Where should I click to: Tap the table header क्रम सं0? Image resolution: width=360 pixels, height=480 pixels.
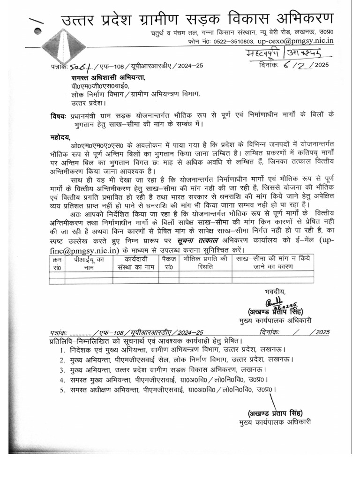(57, 262)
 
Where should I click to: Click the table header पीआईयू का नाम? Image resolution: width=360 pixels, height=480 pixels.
(88, 262)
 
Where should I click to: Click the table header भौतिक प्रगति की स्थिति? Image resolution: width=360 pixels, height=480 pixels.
(205, 262)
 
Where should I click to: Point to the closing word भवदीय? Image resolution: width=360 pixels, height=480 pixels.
(274, 292)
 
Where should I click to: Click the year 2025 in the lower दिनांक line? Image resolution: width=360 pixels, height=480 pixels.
(322, 332)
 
